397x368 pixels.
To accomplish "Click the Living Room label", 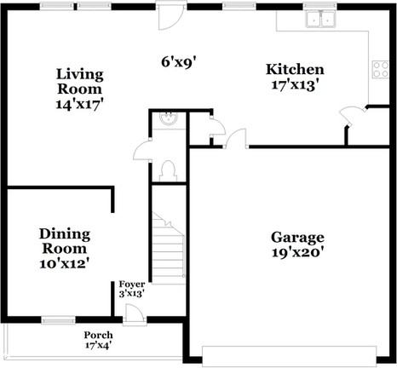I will point(80,81).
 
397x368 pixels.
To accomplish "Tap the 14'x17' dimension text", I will point(80,104).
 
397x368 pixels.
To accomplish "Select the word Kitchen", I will point(295,70).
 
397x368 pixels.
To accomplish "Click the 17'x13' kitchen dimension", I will point(295,85).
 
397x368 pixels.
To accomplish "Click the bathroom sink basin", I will point(169,120).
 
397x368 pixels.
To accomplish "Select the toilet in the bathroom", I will point(168,169).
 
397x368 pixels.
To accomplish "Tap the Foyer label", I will point(131,284).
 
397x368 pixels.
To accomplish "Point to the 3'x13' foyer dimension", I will point(131,293).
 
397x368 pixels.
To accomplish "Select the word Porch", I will point(97,335).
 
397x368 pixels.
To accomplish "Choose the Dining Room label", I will point(65,240).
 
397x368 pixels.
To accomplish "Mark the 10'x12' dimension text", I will point(65,263).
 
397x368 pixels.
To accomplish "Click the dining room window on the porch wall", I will point(58,321).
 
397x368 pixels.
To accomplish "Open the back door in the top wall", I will point(170,12).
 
